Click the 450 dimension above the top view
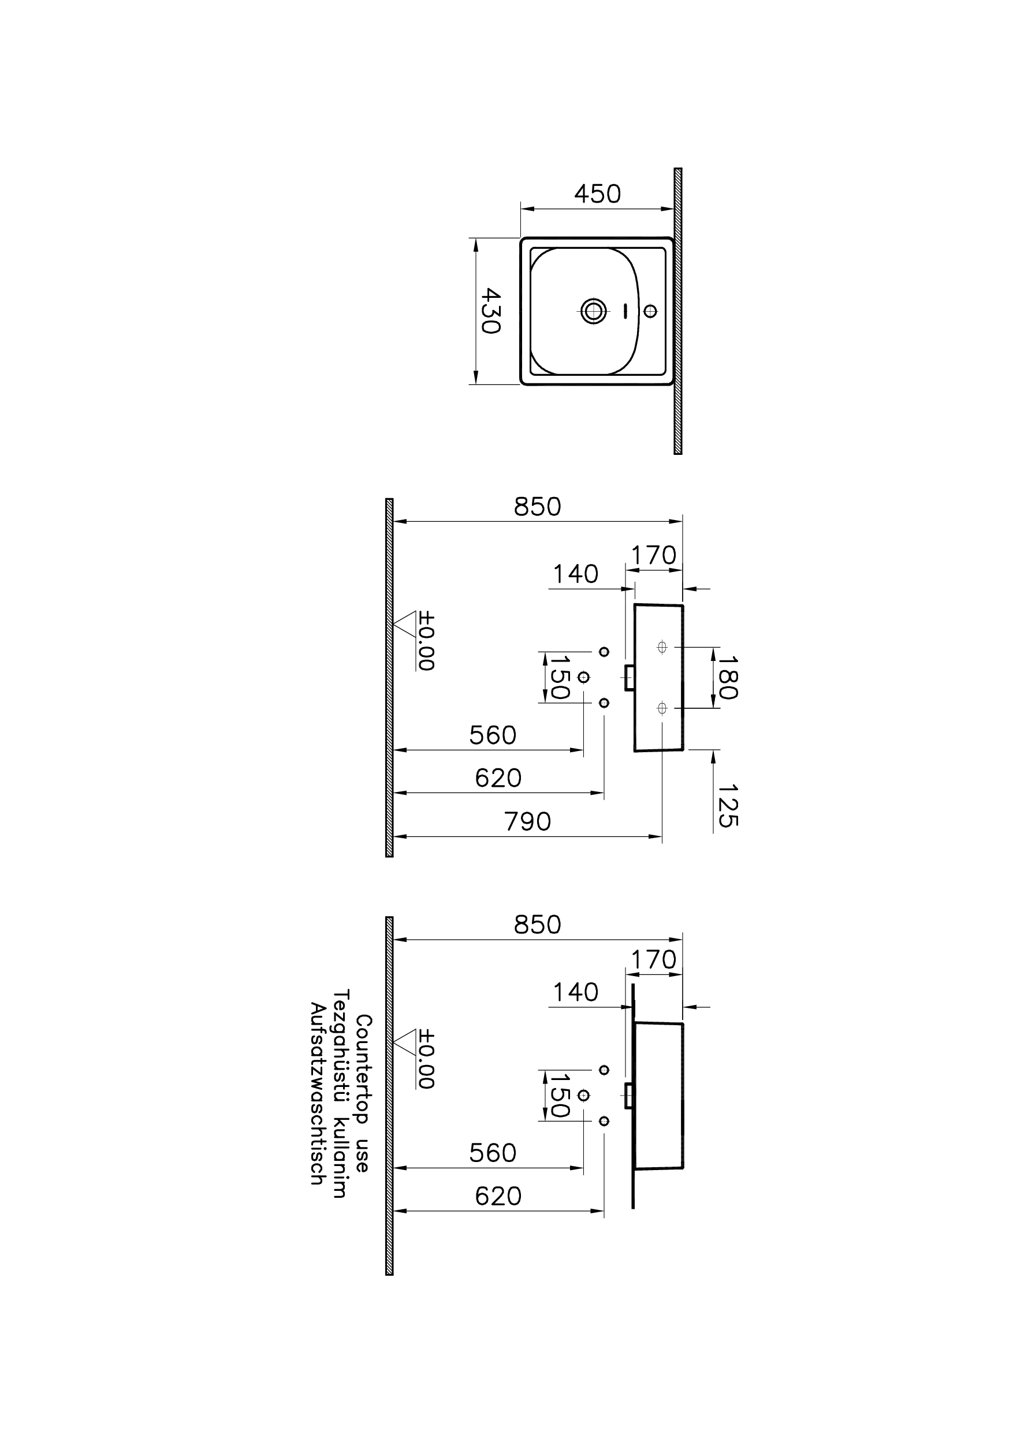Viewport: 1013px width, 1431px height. [597, 194]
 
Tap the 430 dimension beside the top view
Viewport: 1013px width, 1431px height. [491, 311]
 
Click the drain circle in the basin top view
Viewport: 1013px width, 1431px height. [593, 310]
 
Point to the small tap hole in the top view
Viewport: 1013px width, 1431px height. [650, 311]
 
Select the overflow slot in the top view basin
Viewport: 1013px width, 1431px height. [625, 311]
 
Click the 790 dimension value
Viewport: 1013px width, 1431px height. [528, 822]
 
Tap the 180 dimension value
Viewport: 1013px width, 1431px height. [727, 677]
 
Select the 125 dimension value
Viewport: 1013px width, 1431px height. [727, 806]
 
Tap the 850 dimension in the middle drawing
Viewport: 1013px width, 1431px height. [537, 507]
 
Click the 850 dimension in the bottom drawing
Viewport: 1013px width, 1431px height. [537, 925]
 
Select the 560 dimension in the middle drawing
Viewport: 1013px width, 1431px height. [493, 736]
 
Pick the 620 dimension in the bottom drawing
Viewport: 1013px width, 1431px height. [498, 1196]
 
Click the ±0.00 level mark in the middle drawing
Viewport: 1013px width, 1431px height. [427, 641]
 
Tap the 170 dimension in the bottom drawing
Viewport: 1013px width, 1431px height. [653, 959]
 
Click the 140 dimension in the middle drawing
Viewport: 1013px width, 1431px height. [575, 574]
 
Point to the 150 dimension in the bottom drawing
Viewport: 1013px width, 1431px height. [559, 1096]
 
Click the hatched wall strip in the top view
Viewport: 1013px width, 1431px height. [678, 311]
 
